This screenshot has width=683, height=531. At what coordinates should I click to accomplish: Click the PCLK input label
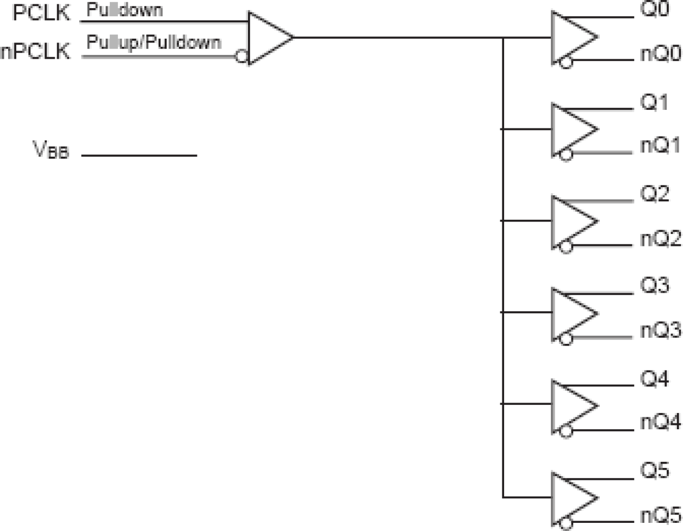[42, 13]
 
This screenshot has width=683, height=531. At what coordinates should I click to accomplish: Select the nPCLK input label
[35, 52]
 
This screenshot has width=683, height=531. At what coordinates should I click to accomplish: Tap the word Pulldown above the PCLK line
[125, 10]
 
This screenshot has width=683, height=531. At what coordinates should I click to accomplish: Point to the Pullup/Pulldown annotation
[154, 42]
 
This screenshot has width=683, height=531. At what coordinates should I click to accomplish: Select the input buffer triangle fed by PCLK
[266, 38]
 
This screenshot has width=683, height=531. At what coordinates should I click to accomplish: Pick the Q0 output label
[654, 10]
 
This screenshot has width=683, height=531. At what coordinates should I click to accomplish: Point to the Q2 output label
[654, 194]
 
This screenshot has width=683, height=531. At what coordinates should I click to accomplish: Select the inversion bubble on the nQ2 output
[566, 247]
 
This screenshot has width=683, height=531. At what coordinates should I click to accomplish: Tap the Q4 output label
[654, 379]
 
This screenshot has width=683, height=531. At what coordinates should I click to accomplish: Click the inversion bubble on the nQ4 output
[566, 431]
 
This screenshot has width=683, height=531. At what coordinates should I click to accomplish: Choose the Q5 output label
[654, 471]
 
